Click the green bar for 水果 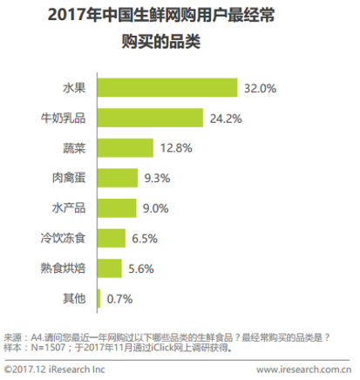tap(167, 88)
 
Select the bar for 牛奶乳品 tap(151, 118)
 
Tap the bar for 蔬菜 tap(126, 148)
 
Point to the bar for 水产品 tap(117, 207)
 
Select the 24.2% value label tap(227, 118)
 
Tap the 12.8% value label tap(177, 148)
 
